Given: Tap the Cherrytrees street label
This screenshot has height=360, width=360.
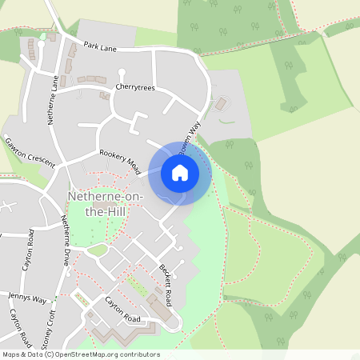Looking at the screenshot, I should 134,86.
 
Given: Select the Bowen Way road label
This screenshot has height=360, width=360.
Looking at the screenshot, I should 188,135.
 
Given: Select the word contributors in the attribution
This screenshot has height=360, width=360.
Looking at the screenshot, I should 137,354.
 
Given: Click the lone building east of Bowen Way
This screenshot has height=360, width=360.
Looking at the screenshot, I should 220,104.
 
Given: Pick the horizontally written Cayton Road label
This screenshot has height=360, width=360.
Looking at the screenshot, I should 122,310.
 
